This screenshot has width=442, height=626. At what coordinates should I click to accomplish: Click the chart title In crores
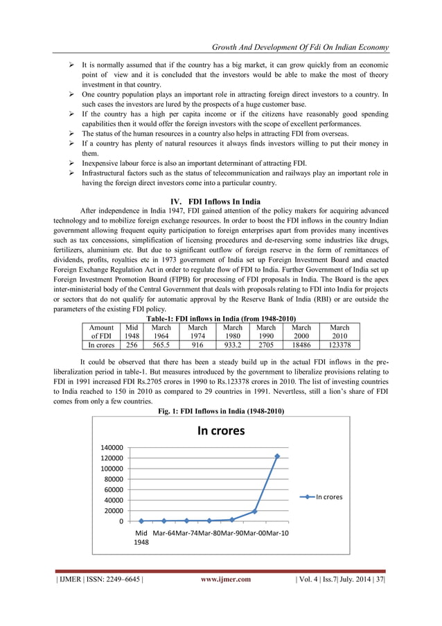tap(221, 431)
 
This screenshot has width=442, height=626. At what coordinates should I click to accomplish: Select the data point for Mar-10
tap(276, 456)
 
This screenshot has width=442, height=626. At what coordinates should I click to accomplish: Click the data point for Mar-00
tap(254, 512)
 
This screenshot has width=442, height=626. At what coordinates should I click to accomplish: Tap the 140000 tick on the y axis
tap(115, 448)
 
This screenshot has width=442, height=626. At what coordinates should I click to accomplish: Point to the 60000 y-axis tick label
tap(117, 489)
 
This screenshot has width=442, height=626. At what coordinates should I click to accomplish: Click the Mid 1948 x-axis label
tap(142, 537)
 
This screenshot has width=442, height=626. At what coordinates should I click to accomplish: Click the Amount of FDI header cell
tap(101, 331)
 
